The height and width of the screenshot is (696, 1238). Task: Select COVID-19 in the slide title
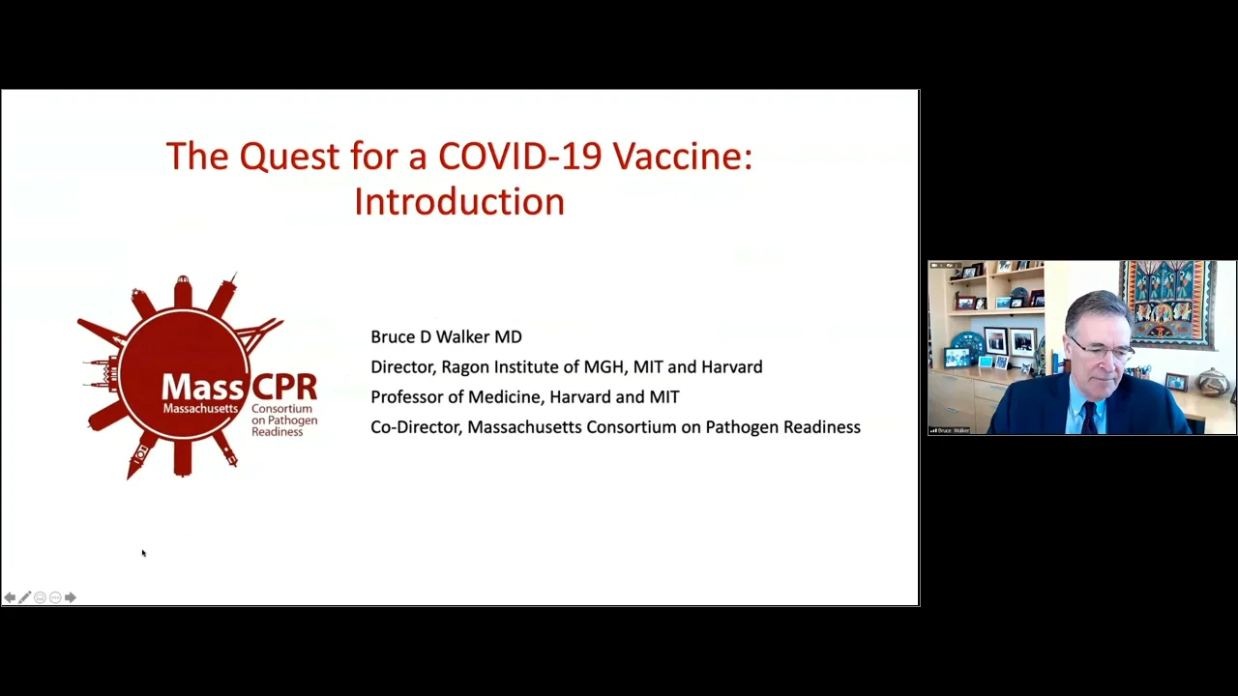point(519,157)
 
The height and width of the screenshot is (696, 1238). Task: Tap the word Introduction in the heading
point(458,202)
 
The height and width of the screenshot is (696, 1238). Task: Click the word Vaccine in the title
point(682,157)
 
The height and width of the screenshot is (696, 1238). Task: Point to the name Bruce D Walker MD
point(446,337)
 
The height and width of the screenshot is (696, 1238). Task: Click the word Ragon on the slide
point(464,367)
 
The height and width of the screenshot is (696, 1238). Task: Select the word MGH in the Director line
point(604,367)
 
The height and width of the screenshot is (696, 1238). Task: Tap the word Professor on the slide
point(406,397)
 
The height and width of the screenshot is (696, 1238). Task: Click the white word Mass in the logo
point(200,388)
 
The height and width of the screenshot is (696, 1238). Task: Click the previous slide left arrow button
point(10,597)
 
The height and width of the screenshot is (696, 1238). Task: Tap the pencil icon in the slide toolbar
point(24,597)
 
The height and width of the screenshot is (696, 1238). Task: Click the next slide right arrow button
point(70,597)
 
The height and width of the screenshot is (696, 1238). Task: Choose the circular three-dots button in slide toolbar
point(55,597)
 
